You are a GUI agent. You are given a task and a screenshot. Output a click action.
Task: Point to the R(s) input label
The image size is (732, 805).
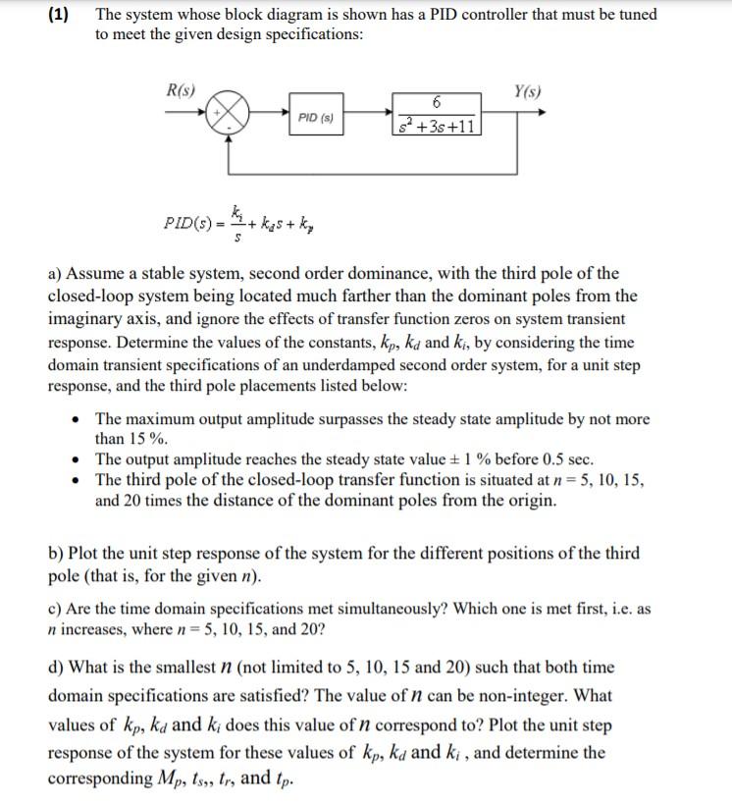[181, 91]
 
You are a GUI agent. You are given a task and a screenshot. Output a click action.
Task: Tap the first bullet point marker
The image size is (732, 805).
[78, 420]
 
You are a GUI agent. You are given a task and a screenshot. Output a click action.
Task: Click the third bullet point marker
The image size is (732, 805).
[78, 480]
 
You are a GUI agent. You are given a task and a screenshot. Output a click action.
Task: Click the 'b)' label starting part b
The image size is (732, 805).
[58, 552]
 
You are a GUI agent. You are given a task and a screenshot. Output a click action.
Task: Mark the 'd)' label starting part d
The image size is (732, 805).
[58, 668]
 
